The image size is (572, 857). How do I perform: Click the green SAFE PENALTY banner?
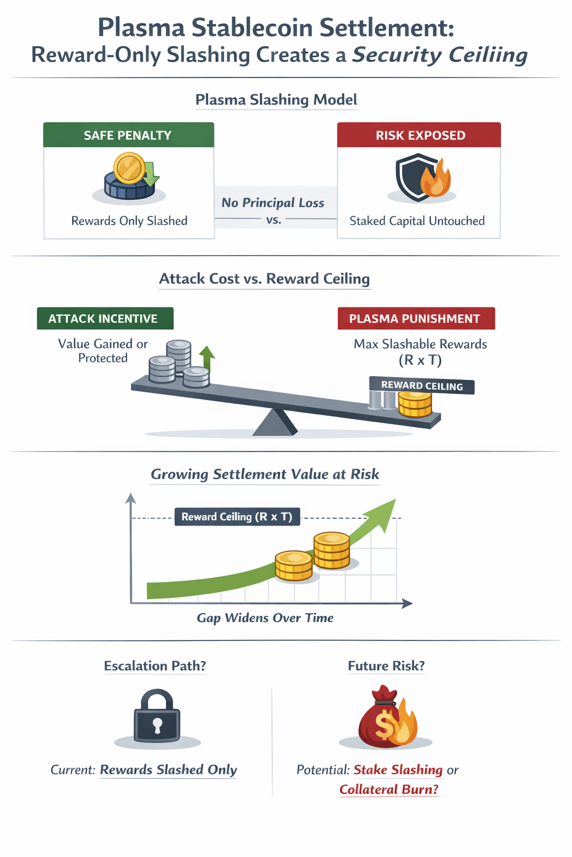[128, 135]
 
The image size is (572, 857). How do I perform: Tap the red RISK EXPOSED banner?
[419, 135]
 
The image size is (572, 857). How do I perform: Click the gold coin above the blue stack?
[129, 168]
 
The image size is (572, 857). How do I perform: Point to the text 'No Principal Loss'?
[273, 203]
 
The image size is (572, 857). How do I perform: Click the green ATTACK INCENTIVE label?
[105, 319]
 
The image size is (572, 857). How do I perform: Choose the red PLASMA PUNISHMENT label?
[416, 319]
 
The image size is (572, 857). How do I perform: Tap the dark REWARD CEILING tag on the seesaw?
[422, 386]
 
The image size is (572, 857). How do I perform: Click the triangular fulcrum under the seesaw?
[275, 422]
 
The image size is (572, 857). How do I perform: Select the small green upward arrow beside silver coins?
[207, 358]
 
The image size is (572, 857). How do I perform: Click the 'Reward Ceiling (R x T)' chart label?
[237, 517]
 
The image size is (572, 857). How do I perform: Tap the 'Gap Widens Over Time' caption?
[265, 618]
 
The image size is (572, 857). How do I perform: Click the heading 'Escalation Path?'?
[155, 666]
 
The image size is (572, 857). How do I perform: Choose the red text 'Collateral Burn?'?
[389, 789]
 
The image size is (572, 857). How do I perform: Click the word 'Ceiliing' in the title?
[440, 55]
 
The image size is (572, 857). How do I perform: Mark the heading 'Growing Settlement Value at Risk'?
[265, 474]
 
